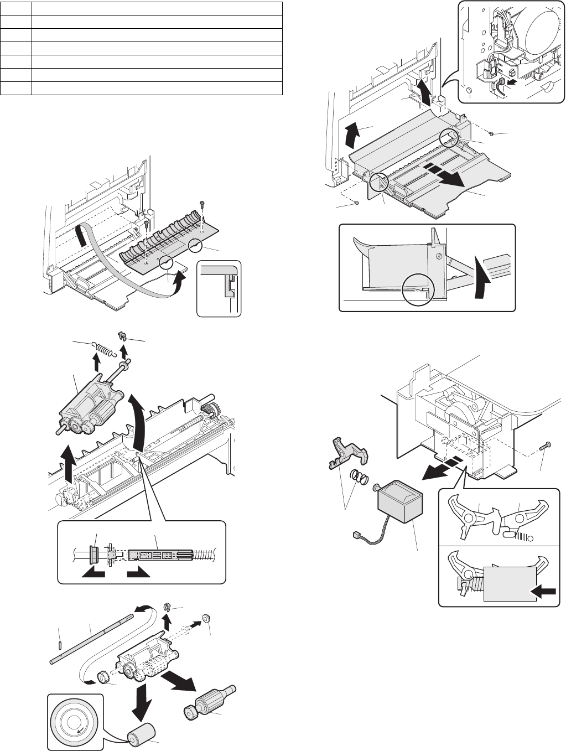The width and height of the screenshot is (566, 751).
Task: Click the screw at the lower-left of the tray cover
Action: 357,203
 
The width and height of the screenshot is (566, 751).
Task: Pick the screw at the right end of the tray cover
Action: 492,133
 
